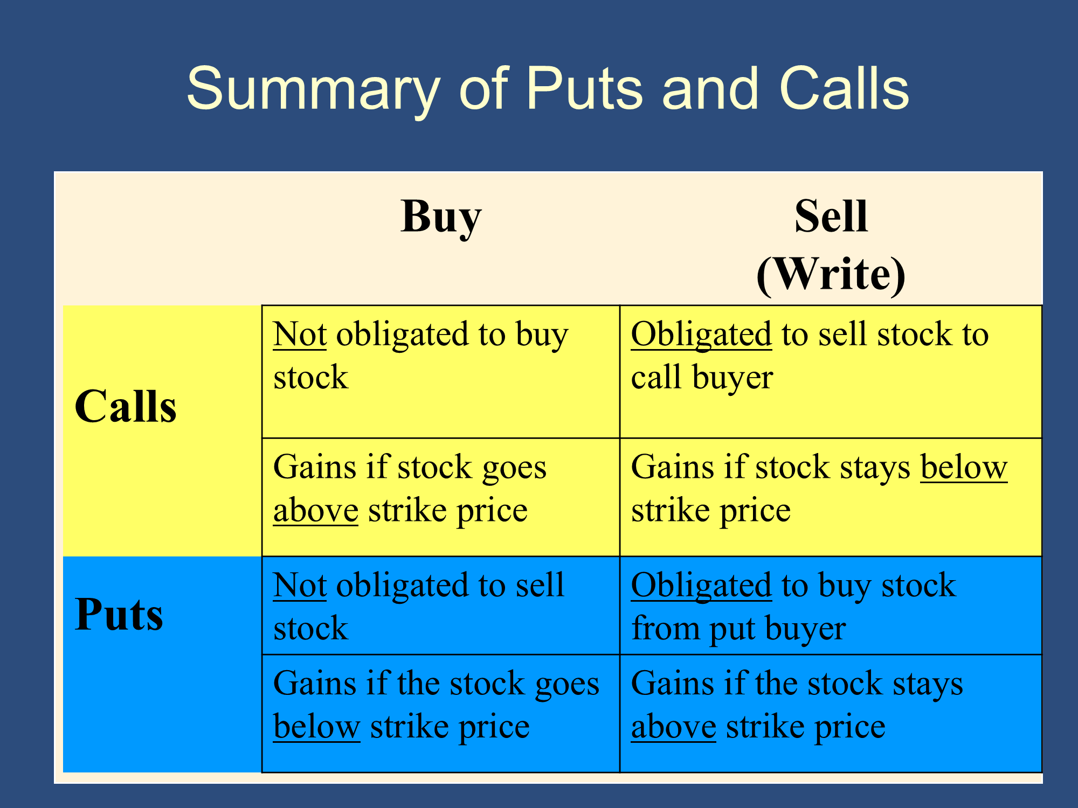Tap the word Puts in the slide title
pyautogui.click(x=585, y=88)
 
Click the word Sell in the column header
pyautogui.click(x=831, y=216)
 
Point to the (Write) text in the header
pyautogui.click(x=831, y=274)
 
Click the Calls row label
pyautogui.click(x=126, y=406)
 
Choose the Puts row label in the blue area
pyautogui.click(x=119, y=614)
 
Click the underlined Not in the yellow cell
pyautogui.click(x=300, y=334)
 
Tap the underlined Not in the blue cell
pyautogui.click(x=300, y=585)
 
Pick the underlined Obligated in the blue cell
pyautogui.click(x=701, y=586)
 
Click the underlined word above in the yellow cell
pyautogui.click(x=316, y=511)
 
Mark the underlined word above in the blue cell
pyautogui.click(x=674, y=727)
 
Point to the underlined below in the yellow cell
pyautogui.click(x=964, y=466)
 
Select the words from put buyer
pyautogui.click(x=738, y=629)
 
